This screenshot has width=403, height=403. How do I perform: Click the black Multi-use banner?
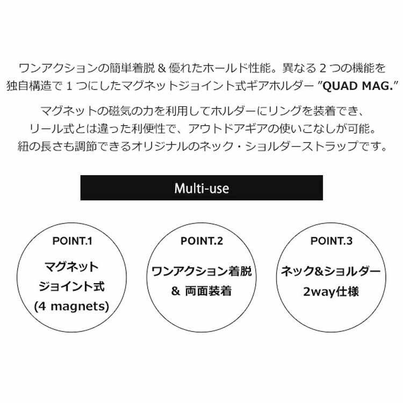pos(201,188)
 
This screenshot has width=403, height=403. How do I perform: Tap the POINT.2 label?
pos(201,241)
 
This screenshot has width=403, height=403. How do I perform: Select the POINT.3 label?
pos(332,241)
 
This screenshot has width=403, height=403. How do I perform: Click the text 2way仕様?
pos(332,293)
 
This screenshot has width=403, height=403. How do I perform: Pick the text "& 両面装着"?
pos(201,292)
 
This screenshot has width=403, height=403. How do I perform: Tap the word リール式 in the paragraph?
pos(49,129)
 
